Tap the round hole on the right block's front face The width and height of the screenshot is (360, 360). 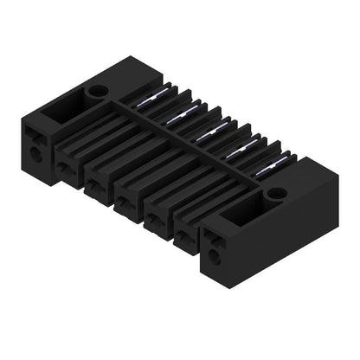pos(214,257)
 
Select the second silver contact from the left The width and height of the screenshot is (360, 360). pos(180,114)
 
